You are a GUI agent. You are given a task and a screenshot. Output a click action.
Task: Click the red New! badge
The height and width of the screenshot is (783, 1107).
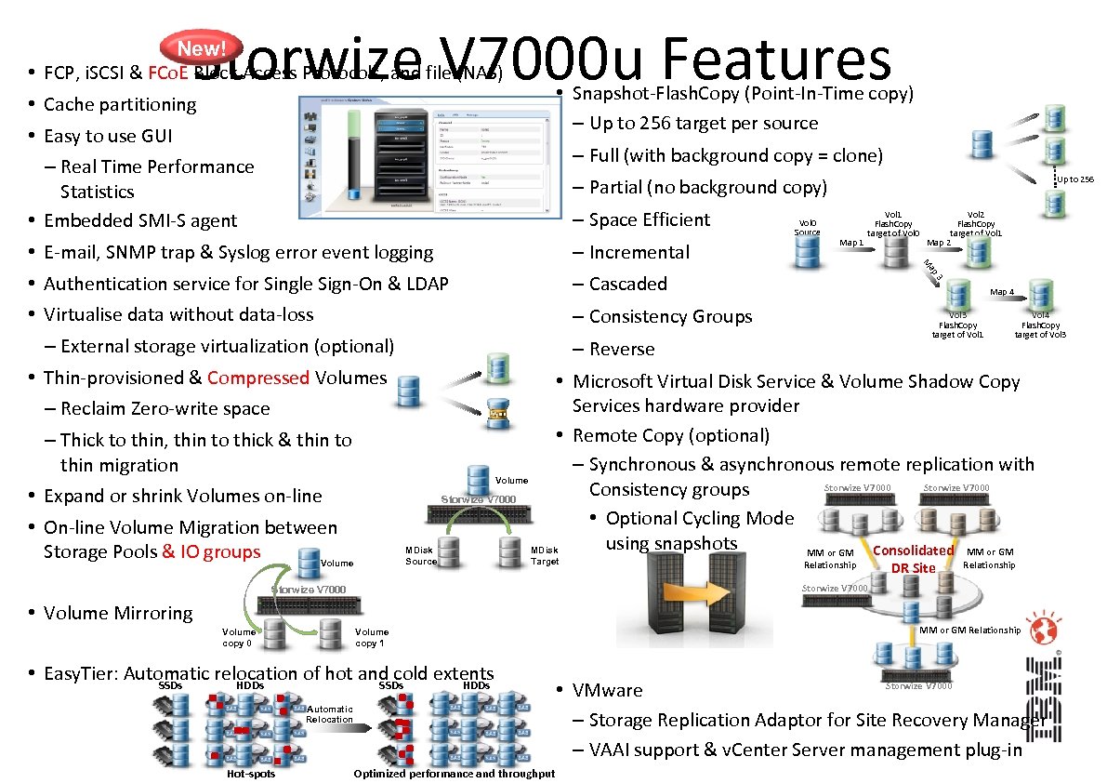click(202, 47)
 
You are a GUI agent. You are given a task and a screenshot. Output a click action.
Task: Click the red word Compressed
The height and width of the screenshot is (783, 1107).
click(258, 378)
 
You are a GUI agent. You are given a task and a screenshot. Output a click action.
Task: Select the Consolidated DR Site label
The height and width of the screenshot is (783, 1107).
click(913, 559)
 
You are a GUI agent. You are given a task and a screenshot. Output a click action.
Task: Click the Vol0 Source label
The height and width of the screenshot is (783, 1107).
click(807, 227)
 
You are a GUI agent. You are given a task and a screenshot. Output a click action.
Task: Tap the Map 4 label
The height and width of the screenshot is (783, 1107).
click(1002, 292)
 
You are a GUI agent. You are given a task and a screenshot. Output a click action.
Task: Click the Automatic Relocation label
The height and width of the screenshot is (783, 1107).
click(329, 713)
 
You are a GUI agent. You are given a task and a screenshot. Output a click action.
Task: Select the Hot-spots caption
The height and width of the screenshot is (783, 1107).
click(251, 774)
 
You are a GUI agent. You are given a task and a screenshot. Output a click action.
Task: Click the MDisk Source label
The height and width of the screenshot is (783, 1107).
click(420, 556)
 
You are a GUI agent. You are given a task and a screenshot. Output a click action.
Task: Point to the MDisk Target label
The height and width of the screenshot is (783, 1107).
click(545, 556)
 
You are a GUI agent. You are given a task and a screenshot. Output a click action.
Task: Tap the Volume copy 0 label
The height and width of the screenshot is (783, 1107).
click(239, 637)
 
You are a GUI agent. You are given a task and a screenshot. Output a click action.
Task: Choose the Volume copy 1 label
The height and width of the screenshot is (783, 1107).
click(371, 637)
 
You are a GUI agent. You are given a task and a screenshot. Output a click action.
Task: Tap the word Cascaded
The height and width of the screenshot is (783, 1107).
click(627, 284)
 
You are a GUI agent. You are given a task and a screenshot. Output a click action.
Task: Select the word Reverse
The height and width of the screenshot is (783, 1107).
click(622, 350)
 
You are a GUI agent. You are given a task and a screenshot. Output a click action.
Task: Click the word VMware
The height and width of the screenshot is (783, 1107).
click(607, 690)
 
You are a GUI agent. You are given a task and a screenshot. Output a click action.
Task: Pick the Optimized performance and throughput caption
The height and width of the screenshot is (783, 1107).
click(454, 774)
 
